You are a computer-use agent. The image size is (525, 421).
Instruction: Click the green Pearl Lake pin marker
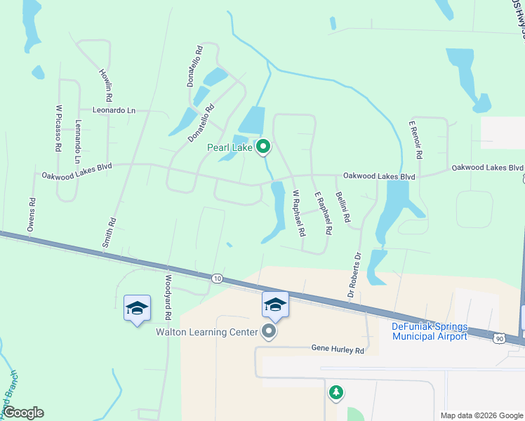[263, 147]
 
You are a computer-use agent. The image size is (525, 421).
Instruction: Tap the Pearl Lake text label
[229, 147]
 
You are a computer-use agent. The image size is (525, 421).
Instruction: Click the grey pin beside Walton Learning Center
[268, 331]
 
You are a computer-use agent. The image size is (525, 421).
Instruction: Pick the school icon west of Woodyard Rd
[137, 308]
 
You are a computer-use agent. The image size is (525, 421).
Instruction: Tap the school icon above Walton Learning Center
[275, 305]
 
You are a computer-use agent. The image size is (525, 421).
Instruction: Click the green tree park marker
[336, 393]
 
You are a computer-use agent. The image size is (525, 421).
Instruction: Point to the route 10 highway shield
[218, 279]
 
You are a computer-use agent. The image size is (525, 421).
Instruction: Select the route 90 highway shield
[498, 338]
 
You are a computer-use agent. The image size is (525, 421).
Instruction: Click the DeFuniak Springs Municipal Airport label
[430, 332]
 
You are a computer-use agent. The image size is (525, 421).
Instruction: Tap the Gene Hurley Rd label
[338, 349]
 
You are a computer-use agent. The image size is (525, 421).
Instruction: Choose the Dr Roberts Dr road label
[353, 274]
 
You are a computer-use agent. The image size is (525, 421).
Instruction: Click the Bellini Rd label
[343, 207]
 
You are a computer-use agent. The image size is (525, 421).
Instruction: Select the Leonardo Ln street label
[114, 110]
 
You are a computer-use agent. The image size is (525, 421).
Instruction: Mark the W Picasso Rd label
[59, 128]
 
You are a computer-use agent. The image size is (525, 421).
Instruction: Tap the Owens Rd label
[31, 214]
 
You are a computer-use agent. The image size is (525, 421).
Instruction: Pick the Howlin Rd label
[105, 84]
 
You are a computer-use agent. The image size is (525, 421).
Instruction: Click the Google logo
[23, 413]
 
